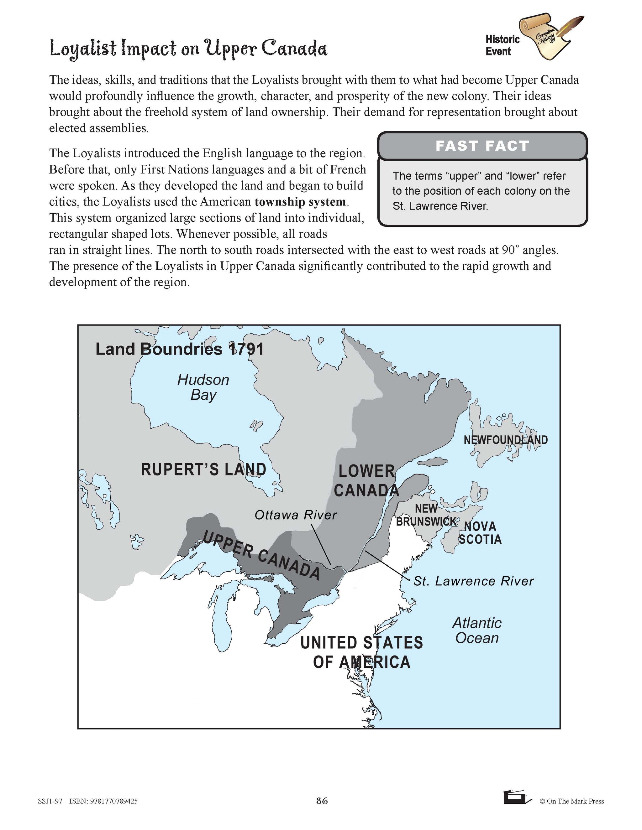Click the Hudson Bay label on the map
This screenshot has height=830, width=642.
coord(203,387)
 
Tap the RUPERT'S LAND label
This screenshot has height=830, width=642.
coord(203,470)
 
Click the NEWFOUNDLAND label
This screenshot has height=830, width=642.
coord(505,440)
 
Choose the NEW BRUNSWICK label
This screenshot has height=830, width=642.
coord(426,515)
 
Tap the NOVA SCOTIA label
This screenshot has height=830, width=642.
coord(480,533)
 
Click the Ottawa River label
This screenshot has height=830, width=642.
coord(296,515)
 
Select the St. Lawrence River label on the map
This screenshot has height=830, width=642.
coord(474,581)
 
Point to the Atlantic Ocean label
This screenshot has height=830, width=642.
coord(477,630)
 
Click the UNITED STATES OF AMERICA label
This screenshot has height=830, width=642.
coord(362,652)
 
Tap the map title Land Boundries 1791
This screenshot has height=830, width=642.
coord(180,349)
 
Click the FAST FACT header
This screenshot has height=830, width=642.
coord(482,146)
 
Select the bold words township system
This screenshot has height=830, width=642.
coord(300,201)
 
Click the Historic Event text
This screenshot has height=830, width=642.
coord(502,45)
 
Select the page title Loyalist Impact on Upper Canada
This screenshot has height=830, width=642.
coord(188,49)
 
